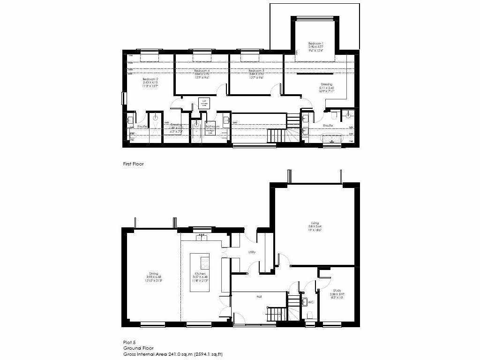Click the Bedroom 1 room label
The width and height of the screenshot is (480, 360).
tap(315, 43)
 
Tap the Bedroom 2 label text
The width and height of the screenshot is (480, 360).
tap(150, 79)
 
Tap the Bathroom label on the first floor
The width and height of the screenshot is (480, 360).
tap(212, 126)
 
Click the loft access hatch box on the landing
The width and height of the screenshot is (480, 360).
tap(204, 103)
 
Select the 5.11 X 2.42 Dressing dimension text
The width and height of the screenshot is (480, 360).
tap(326, 88)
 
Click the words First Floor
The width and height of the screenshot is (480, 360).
tap(134, 164)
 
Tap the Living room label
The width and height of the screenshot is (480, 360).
tap(315, 223)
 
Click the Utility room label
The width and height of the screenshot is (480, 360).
tap(252, 252)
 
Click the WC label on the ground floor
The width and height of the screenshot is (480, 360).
tap(310, 302)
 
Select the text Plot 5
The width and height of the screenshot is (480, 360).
tap(129, 343)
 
